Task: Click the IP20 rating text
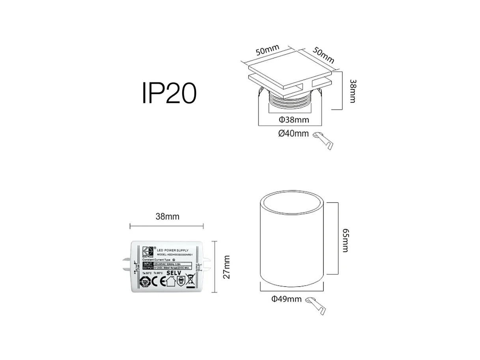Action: click(x=169, y=93)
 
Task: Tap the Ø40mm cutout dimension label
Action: click(x=293, y=133)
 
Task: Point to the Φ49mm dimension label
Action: click(x=286, y=299)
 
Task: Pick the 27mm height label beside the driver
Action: click(x=226, y=267)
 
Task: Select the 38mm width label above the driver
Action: click(x=167, y=216)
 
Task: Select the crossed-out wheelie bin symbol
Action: click(x=190, y=281)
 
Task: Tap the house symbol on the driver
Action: click(x=170, y=281)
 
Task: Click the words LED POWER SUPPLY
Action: click(x=172, y=251)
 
